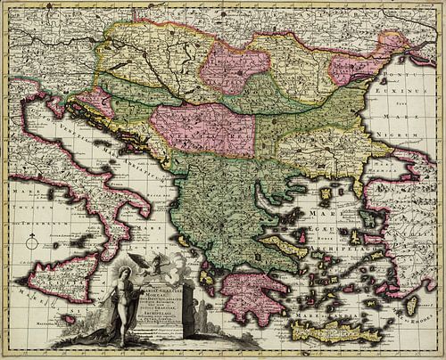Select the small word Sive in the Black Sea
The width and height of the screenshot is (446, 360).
tap(413, 103)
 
